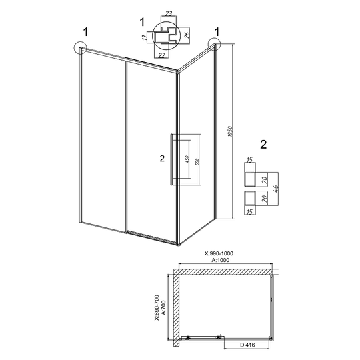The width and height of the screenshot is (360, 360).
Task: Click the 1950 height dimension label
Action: click(231, 131)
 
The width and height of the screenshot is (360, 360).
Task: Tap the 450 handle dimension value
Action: click(187, 159)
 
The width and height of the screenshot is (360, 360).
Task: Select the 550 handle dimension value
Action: click(197, 161)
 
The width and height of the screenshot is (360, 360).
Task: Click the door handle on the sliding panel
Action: click(171, 159)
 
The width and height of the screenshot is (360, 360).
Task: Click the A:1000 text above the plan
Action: click(220, 260)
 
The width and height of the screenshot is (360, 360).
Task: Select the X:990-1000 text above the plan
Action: click(219, 253)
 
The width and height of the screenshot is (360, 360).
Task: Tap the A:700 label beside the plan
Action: click(163, 307)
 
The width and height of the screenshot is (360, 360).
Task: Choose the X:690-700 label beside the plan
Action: click(157, 307)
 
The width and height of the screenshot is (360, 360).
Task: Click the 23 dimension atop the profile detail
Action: click(169, 13)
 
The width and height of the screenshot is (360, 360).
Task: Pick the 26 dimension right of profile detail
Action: click(187, 35)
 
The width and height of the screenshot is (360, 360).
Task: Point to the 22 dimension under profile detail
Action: click(161, 55)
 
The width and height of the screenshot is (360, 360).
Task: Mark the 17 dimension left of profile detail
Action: click(145, 37)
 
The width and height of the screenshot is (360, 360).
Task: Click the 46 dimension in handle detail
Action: click(276, 189)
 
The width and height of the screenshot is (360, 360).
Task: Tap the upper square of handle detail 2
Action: click(250, 179)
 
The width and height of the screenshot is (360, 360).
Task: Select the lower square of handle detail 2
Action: click(250, 198)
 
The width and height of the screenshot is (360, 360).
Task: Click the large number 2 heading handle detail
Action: click(263, 145)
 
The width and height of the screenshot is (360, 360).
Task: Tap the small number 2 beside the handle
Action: click(162, 159)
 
